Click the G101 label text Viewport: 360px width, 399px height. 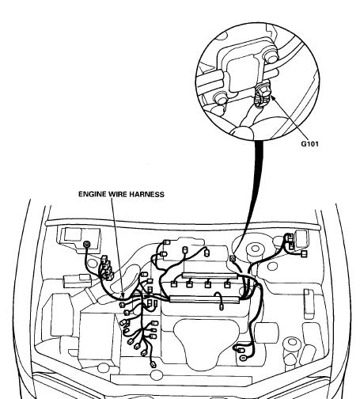(309, 144)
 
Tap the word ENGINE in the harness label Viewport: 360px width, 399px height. (92, 194)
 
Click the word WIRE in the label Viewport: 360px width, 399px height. (115, 194)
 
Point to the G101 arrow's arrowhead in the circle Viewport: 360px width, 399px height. (273, 98)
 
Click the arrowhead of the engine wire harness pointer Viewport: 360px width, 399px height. (122, 295)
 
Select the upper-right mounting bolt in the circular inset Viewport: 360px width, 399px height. (271, 56)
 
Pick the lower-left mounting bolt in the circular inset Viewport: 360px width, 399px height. (221, 98)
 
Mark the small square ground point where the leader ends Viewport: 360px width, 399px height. (233, 258)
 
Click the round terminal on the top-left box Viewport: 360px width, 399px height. (86, 245)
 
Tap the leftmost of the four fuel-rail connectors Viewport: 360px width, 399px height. (173, 284)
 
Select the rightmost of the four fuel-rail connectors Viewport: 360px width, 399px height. (227, 285)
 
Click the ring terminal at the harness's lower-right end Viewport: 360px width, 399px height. (242, 358)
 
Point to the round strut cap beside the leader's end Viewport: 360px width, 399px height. (255, 249)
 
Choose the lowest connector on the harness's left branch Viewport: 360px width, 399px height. (153, 365)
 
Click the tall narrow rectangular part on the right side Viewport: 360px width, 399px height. (309, 304)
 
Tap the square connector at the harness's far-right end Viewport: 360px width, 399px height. (304, 254)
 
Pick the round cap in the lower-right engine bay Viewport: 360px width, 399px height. (292, 342)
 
